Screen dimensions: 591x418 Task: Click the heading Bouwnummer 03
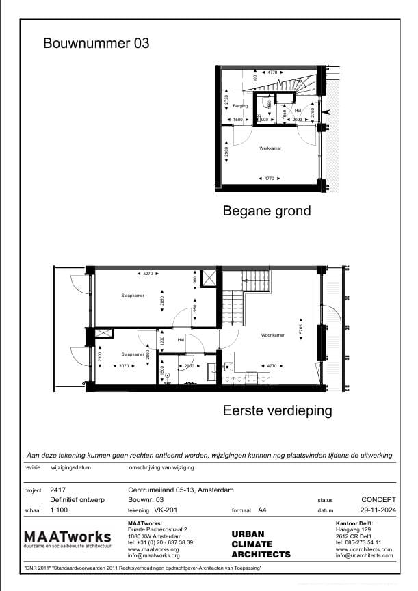point(96,44)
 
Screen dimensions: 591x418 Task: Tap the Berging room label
point(239,107)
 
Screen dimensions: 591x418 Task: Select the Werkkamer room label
point(270,148)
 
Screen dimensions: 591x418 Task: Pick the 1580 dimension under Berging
point(239,120)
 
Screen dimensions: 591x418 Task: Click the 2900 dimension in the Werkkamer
point(226,152)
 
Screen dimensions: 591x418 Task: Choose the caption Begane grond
point(266,211)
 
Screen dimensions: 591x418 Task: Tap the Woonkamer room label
point(272,335)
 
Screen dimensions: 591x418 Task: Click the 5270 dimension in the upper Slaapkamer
point(147,274)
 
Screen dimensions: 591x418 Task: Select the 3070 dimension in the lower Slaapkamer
point(124,366)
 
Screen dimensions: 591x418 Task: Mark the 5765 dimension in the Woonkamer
point(300,328)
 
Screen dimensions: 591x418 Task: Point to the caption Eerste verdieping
point(277,411)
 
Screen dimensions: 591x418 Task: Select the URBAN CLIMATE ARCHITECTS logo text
point(260,544)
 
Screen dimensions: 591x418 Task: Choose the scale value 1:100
point(60,510)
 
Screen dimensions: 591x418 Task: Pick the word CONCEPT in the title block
point(378,500)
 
